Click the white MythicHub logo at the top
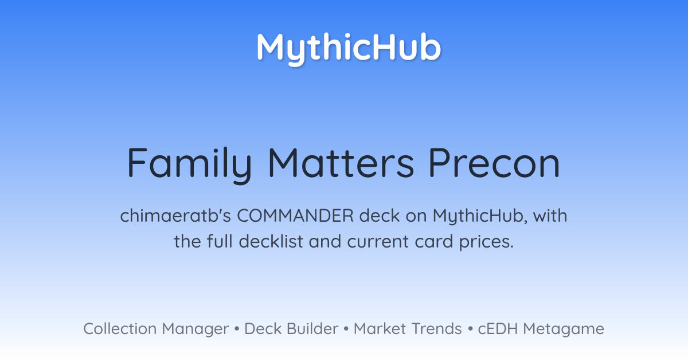349,49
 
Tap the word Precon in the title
494,163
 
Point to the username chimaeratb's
175,215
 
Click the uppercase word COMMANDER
295,215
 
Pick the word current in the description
378,242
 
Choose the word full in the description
220,241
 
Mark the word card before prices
434,241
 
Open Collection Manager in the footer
156,329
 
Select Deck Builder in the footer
291,329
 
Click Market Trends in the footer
408,329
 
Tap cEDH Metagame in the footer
541,329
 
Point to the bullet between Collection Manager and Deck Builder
236,329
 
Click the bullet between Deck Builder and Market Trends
346,329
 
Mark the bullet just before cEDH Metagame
470,329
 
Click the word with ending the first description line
550,215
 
